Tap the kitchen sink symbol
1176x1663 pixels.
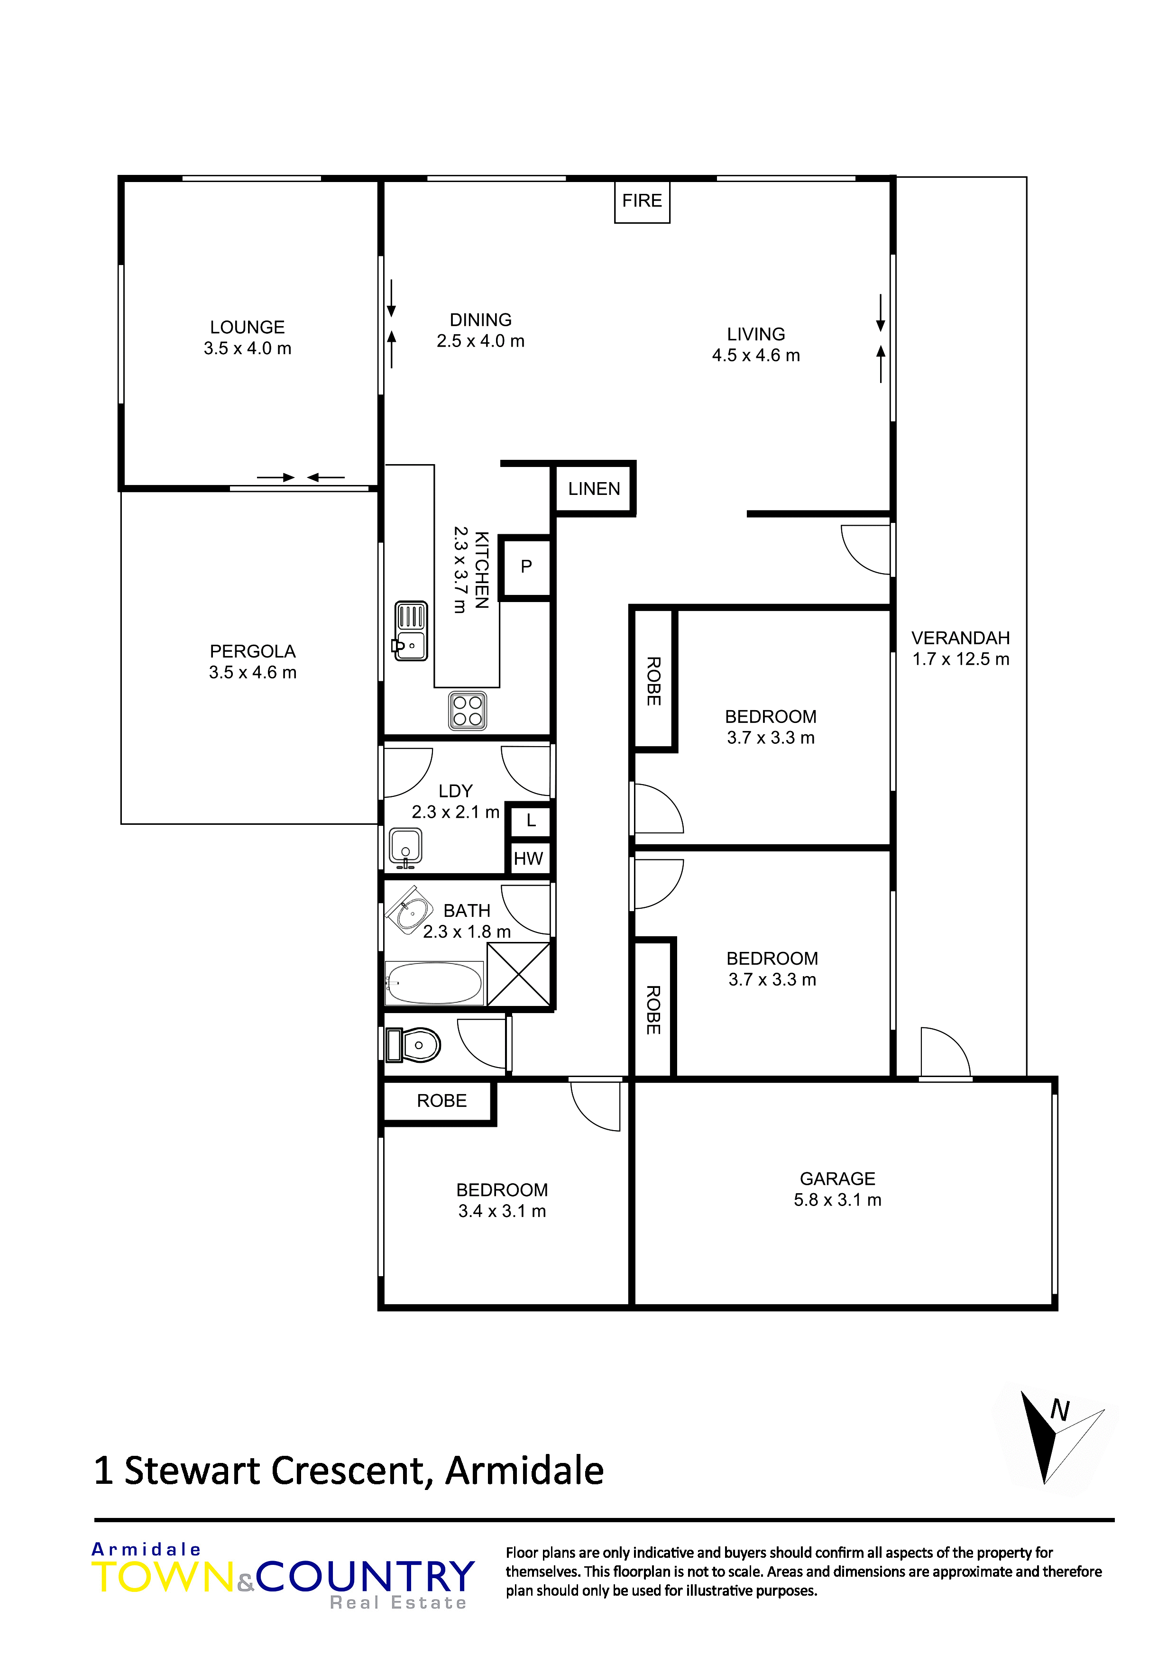coord(411,630)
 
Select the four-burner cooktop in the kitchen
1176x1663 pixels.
coord(468,711)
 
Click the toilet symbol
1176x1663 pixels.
coord(413,1045)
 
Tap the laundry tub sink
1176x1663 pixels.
coord(406,848)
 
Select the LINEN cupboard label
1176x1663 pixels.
coord(594,489)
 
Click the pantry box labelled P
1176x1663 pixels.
coord(526,567)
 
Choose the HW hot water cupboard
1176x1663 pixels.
coord(528,859)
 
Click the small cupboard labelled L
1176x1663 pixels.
coord(531,820)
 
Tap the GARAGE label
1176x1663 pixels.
coord(837,1179)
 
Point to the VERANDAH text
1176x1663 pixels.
coord(960,638)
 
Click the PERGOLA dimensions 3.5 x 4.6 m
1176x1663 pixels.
coord(253,672)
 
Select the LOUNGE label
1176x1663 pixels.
coord(247,328)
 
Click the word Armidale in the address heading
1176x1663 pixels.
coord(524,1471)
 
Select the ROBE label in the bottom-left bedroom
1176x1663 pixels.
coord(441,1101)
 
